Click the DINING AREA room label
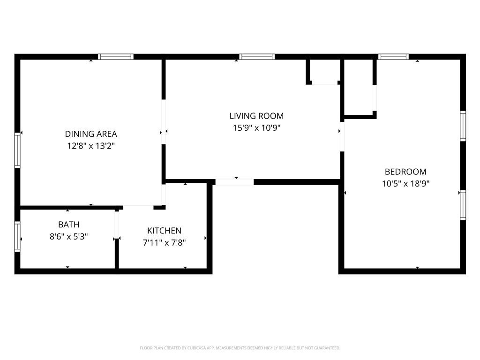[91, 134]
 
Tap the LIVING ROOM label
[256, 116]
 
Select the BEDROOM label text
[405, 172]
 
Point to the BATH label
[69, 225]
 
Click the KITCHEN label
[165, 231]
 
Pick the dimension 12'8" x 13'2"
[91, 146]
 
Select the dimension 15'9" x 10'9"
[256, 127]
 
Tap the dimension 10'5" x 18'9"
[405, 184]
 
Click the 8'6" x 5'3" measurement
[69, 237]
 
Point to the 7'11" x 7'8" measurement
[165, 243]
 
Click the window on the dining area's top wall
[116, 57]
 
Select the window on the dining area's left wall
[17, 150]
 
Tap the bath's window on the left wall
[17, 237]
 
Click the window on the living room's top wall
[257, 57]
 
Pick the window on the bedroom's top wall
[393, 57]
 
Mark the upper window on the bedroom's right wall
[463, 126]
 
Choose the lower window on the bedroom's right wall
[463, 205]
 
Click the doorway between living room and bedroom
[342, 136]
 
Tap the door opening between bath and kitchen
[117, 225]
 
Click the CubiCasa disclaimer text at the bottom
[240, 348]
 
